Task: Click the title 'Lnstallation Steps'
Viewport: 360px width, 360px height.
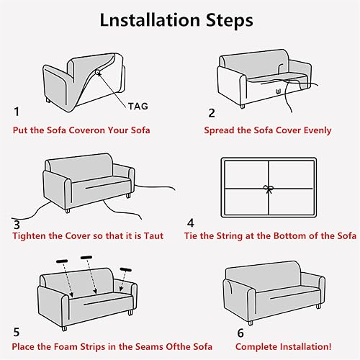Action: coord(180,19)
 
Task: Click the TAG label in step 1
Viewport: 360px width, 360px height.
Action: coord(139,105)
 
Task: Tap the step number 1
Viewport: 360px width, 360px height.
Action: coord(17,112)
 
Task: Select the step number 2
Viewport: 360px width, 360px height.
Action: coord(212,112)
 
